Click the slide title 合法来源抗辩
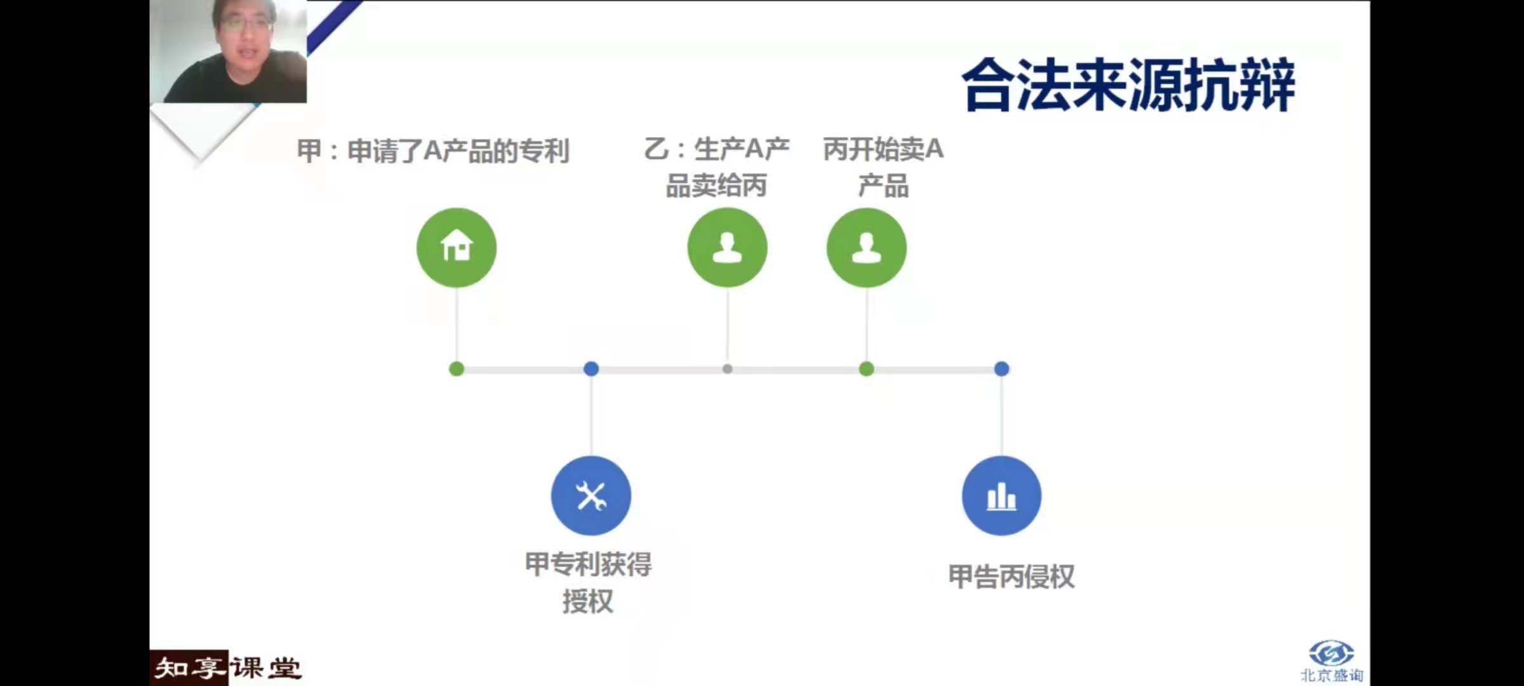pos(1128,85)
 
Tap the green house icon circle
pos(457,247)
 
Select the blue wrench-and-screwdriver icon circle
pos(591,495)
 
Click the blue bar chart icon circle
pos(1001,495)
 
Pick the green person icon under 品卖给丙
pos(727,247)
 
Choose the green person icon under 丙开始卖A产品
pos(866,247)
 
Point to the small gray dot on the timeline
pos(728,368)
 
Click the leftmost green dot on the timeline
pos(457,369)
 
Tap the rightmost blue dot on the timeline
pos(1001,368)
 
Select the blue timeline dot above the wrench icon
pos(591,368)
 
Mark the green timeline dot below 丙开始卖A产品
pos(866,369)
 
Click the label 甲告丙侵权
pos(1011,577)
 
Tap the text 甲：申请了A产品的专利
pos(433,151)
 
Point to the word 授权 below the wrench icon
pos(588,602)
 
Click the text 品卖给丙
pos(716,185)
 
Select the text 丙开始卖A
pos(883,149)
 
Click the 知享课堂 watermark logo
pos(227,668)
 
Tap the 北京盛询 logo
pos(1332,661)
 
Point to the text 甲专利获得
pos(588,564)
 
